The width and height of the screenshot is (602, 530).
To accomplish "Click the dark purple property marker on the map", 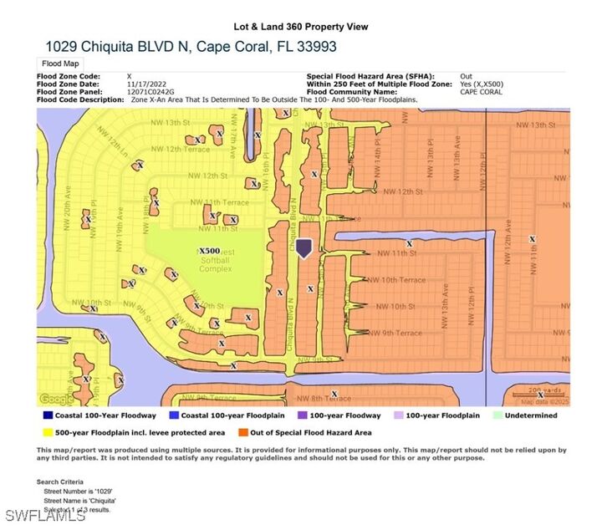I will click(x=304, y=248).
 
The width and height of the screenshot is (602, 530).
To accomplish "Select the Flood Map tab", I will click(x=59, y=64).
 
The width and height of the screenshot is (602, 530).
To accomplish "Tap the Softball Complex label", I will click(x=216, y=269).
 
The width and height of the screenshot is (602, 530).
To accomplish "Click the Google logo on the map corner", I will click(x=55, y=399).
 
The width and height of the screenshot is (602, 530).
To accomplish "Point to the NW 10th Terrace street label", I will click(x=396, y=280).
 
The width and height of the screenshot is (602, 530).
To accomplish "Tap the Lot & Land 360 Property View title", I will click(x=300, y=27).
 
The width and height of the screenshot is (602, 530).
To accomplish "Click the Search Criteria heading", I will click(x=60, y=482).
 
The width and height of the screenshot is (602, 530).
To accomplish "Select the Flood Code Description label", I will click(x=83, y=99).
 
